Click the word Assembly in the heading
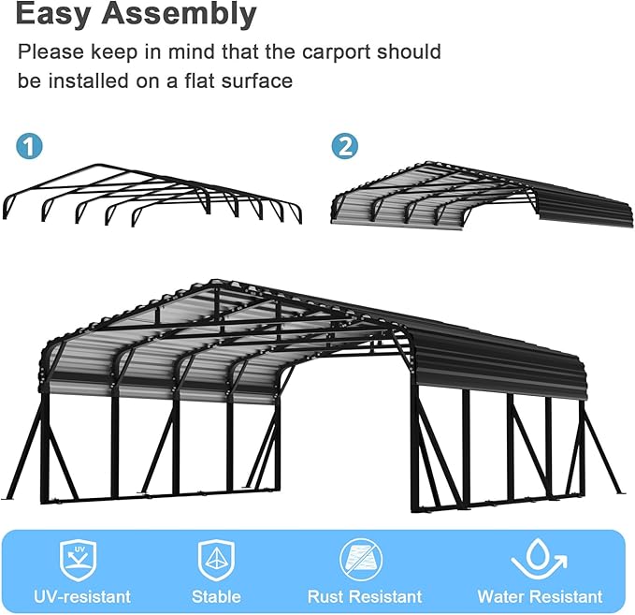point(183,14)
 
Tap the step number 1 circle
point(31,146)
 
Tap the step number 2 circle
point(345,146)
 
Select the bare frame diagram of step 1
point(152,195)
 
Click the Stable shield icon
point(215,560)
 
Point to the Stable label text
point(216,596)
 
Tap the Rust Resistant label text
point(365,596)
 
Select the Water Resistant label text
point(540,596)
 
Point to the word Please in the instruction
point(48,51)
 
